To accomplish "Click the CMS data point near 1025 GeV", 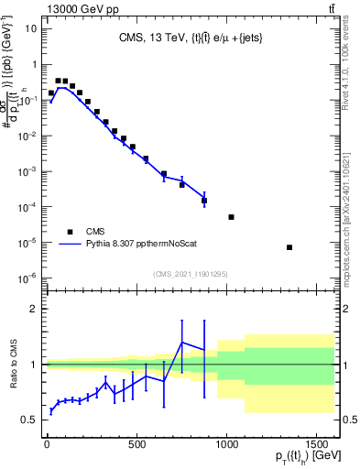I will click(x=231, y=217).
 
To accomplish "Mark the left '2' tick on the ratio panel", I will click(x=34, y=310).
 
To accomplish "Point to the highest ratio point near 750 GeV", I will click(x=182, y=343).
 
